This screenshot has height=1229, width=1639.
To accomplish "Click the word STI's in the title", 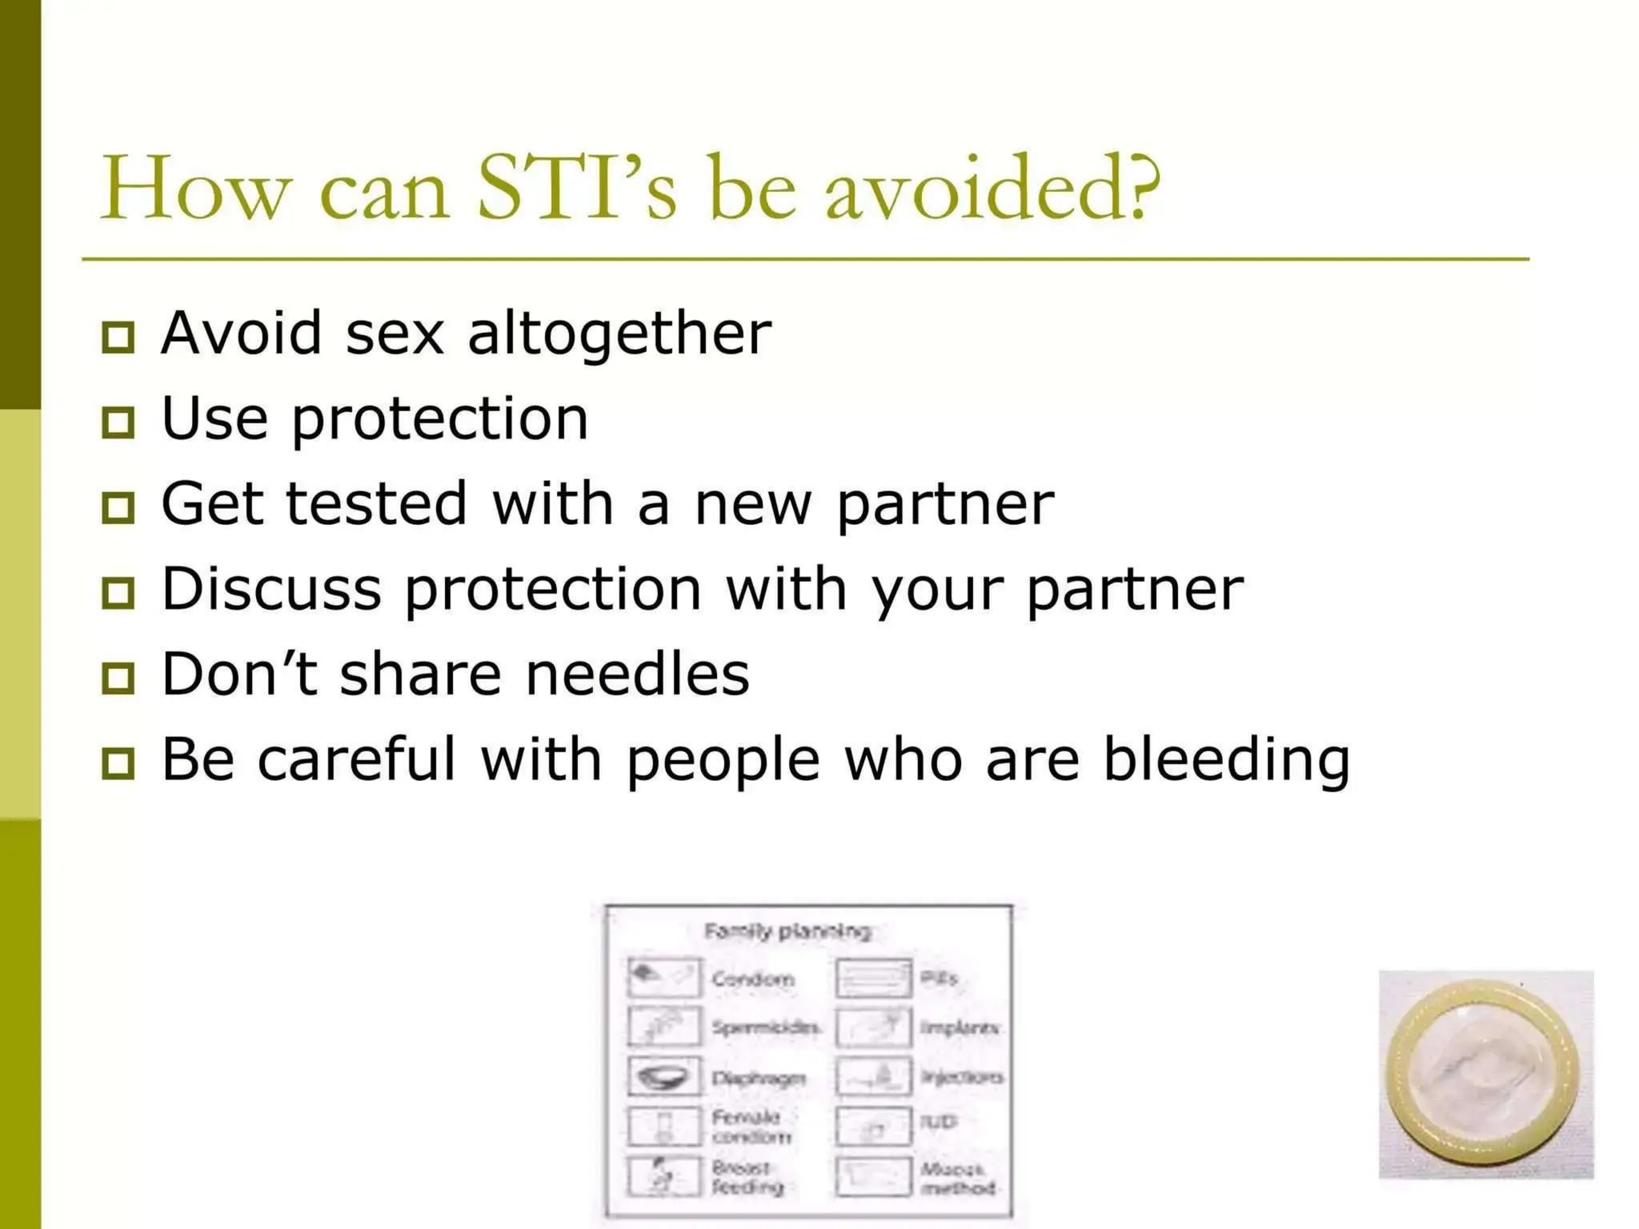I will tap(576, 189).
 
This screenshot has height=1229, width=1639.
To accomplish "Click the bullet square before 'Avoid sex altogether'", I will tap(118, 336).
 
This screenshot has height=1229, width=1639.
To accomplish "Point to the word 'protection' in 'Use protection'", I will tap(439, 419).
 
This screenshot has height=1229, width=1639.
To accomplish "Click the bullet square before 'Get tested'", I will tap(118, 507).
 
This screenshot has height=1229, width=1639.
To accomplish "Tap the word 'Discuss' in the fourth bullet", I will tap(271, 589).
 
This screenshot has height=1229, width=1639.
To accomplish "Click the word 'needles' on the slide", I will tap(637, 675).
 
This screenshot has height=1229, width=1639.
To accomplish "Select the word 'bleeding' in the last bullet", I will tap(1226, 759).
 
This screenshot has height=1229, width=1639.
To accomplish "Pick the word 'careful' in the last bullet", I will tap(356, 759).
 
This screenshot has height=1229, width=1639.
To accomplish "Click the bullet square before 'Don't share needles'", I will tap(118, 679).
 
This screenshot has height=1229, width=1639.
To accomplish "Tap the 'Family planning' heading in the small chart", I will tap(787, 931).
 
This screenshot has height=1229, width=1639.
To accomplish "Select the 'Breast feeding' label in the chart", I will tap(747, 1177).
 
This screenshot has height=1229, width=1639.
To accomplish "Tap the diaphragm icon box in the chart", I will tap(664, 1076).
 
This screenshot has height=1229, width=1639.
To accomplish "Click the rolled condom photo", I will tap(1485, 1075).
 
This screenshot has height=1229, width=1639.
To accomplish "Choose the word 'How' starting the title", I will tap(194, 189).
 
